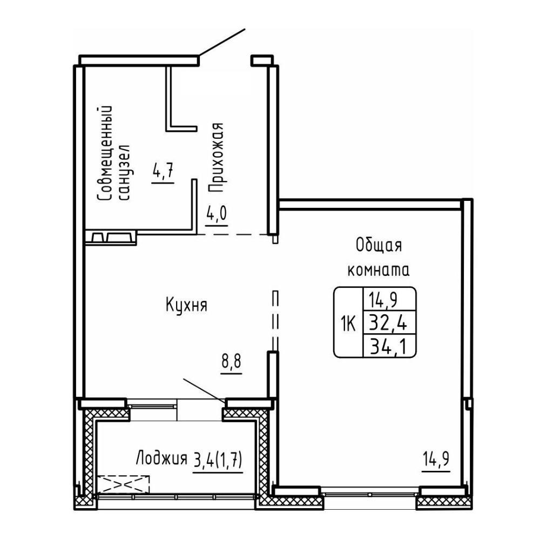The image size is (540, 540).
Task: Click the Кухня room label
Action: (186, 305)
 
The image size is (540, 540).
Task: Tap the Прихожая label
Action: (217, 157)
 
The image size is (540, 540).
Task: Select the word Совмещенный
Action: (105, 153)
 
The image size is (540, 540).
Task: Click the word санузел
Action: (124, 172)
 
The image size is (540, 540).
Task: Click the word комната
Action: (379, 271)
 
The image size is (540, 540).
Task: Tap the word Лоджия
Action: (161, 460)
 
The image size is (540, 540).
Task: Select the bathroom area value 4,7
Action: (163, 171)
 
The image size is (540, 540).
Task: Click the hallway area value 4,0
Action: (217, 213)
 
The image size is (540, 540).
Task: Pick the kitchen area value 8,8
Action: (232, 362)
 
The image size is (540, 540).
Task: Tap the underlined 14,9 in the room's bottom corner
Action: (436, 460)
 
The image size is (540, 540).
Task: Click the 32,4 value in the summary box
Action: (388, 323)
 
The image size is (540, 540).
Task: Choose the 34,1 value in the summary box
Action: (388, 347)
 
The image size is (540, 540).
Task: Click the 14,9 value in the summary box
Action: (383, 300)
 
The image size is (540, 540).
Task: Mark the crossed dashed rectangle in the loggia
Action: (123, 484)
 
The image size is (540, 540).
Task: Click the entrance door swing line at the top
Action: (222, 42)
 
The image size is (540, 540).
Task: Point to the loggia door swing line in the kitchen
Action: (204, 390)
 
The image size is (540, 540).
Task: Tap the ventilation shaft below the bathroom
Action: (111, 238)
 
